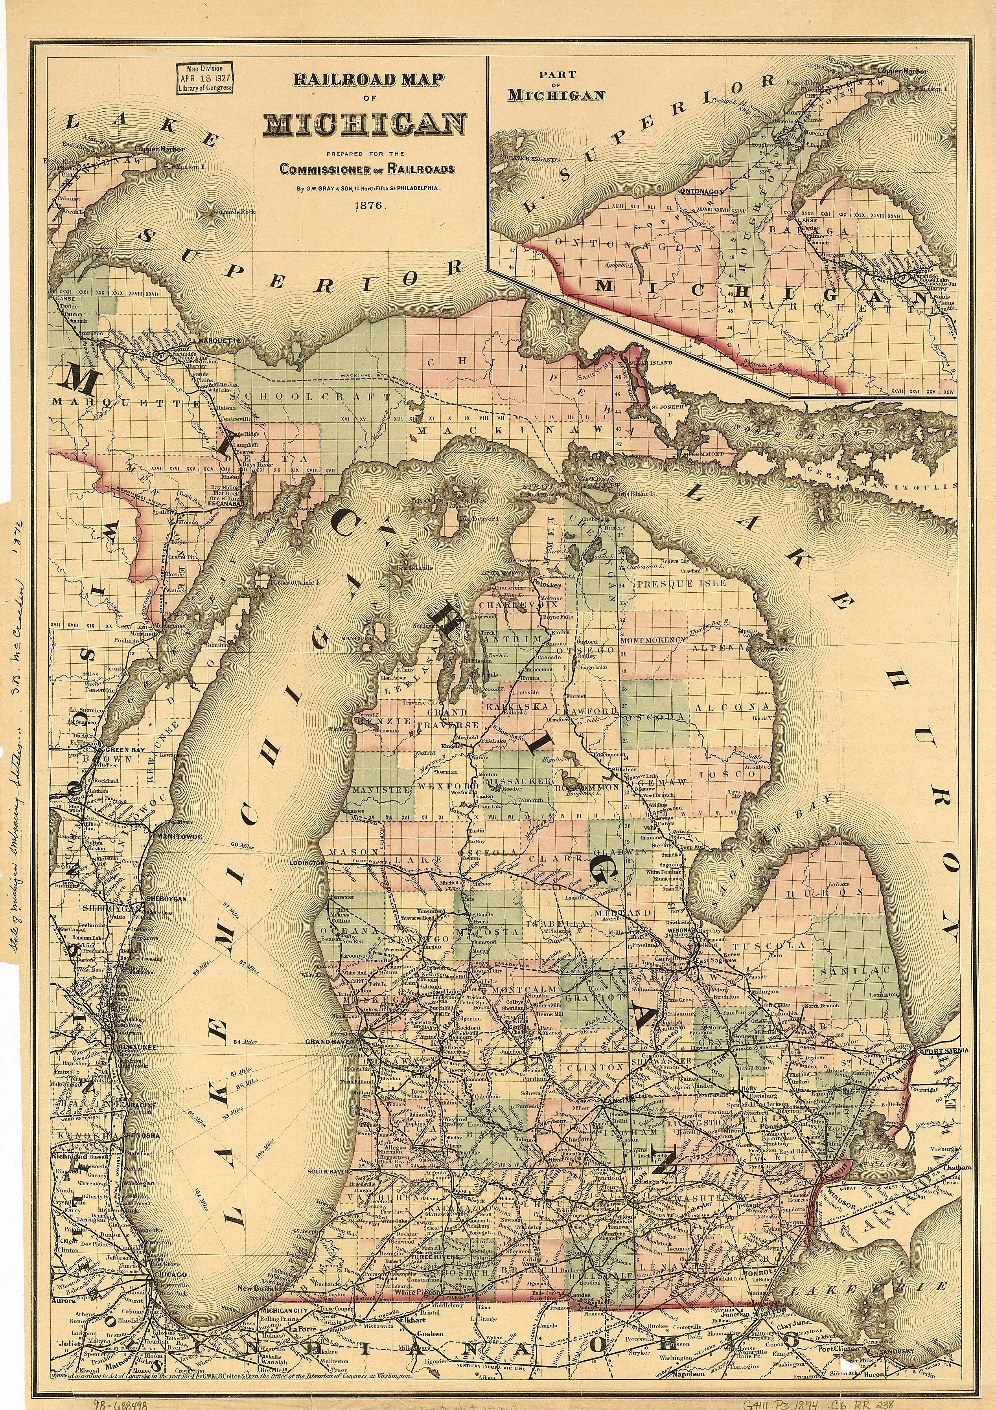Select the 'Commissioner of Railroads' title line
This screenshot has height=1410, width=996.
367,169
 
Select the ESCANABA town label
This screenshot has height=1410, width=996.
223,503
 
